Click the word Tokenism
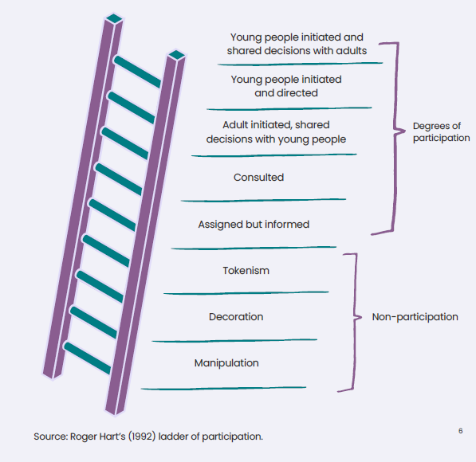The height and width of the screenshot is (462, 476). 246,270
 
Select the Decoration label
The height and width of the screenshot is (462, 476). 236,317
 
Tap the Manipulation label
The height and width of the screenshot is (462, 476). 226,363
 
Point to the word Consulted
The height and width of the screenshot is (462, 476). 258,177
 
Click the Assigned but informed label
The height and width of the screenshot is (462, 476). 254,225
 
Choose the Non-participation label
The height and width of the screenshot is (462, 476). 415,317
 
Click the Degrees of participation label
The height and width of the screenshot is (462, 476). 441,132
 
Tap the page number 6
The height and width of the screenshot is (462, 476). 461,431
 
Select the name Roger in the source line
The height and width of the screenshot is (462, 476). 81,437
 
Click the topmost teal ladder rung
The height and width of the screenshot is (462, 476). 137,72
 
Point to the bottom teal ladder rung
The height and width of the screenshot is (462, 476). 88,358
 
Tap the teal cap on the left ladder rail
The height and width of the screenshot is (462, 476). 114,18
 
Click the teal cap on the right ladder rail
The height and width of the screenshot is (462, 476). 177,55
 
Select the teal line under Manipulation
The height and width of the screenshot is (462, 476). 223,388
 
